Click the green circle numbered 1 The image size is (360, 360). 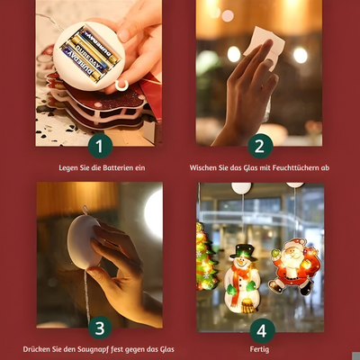(99, 145)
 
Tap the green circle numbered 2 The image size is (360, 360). (260, 145)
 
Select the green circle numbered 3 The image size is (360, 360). (99, 328)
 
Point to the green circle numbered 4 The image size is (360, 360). (260, 328)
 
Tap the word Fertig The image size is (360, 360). (261, 348)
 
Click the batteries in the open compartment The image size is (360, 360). (89, 52)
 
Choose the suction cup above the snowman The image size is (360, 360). (241, 188)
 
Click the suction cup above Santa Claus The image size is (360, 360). (295, 184)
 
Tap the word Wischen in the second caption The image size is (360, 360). (204, 167)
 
